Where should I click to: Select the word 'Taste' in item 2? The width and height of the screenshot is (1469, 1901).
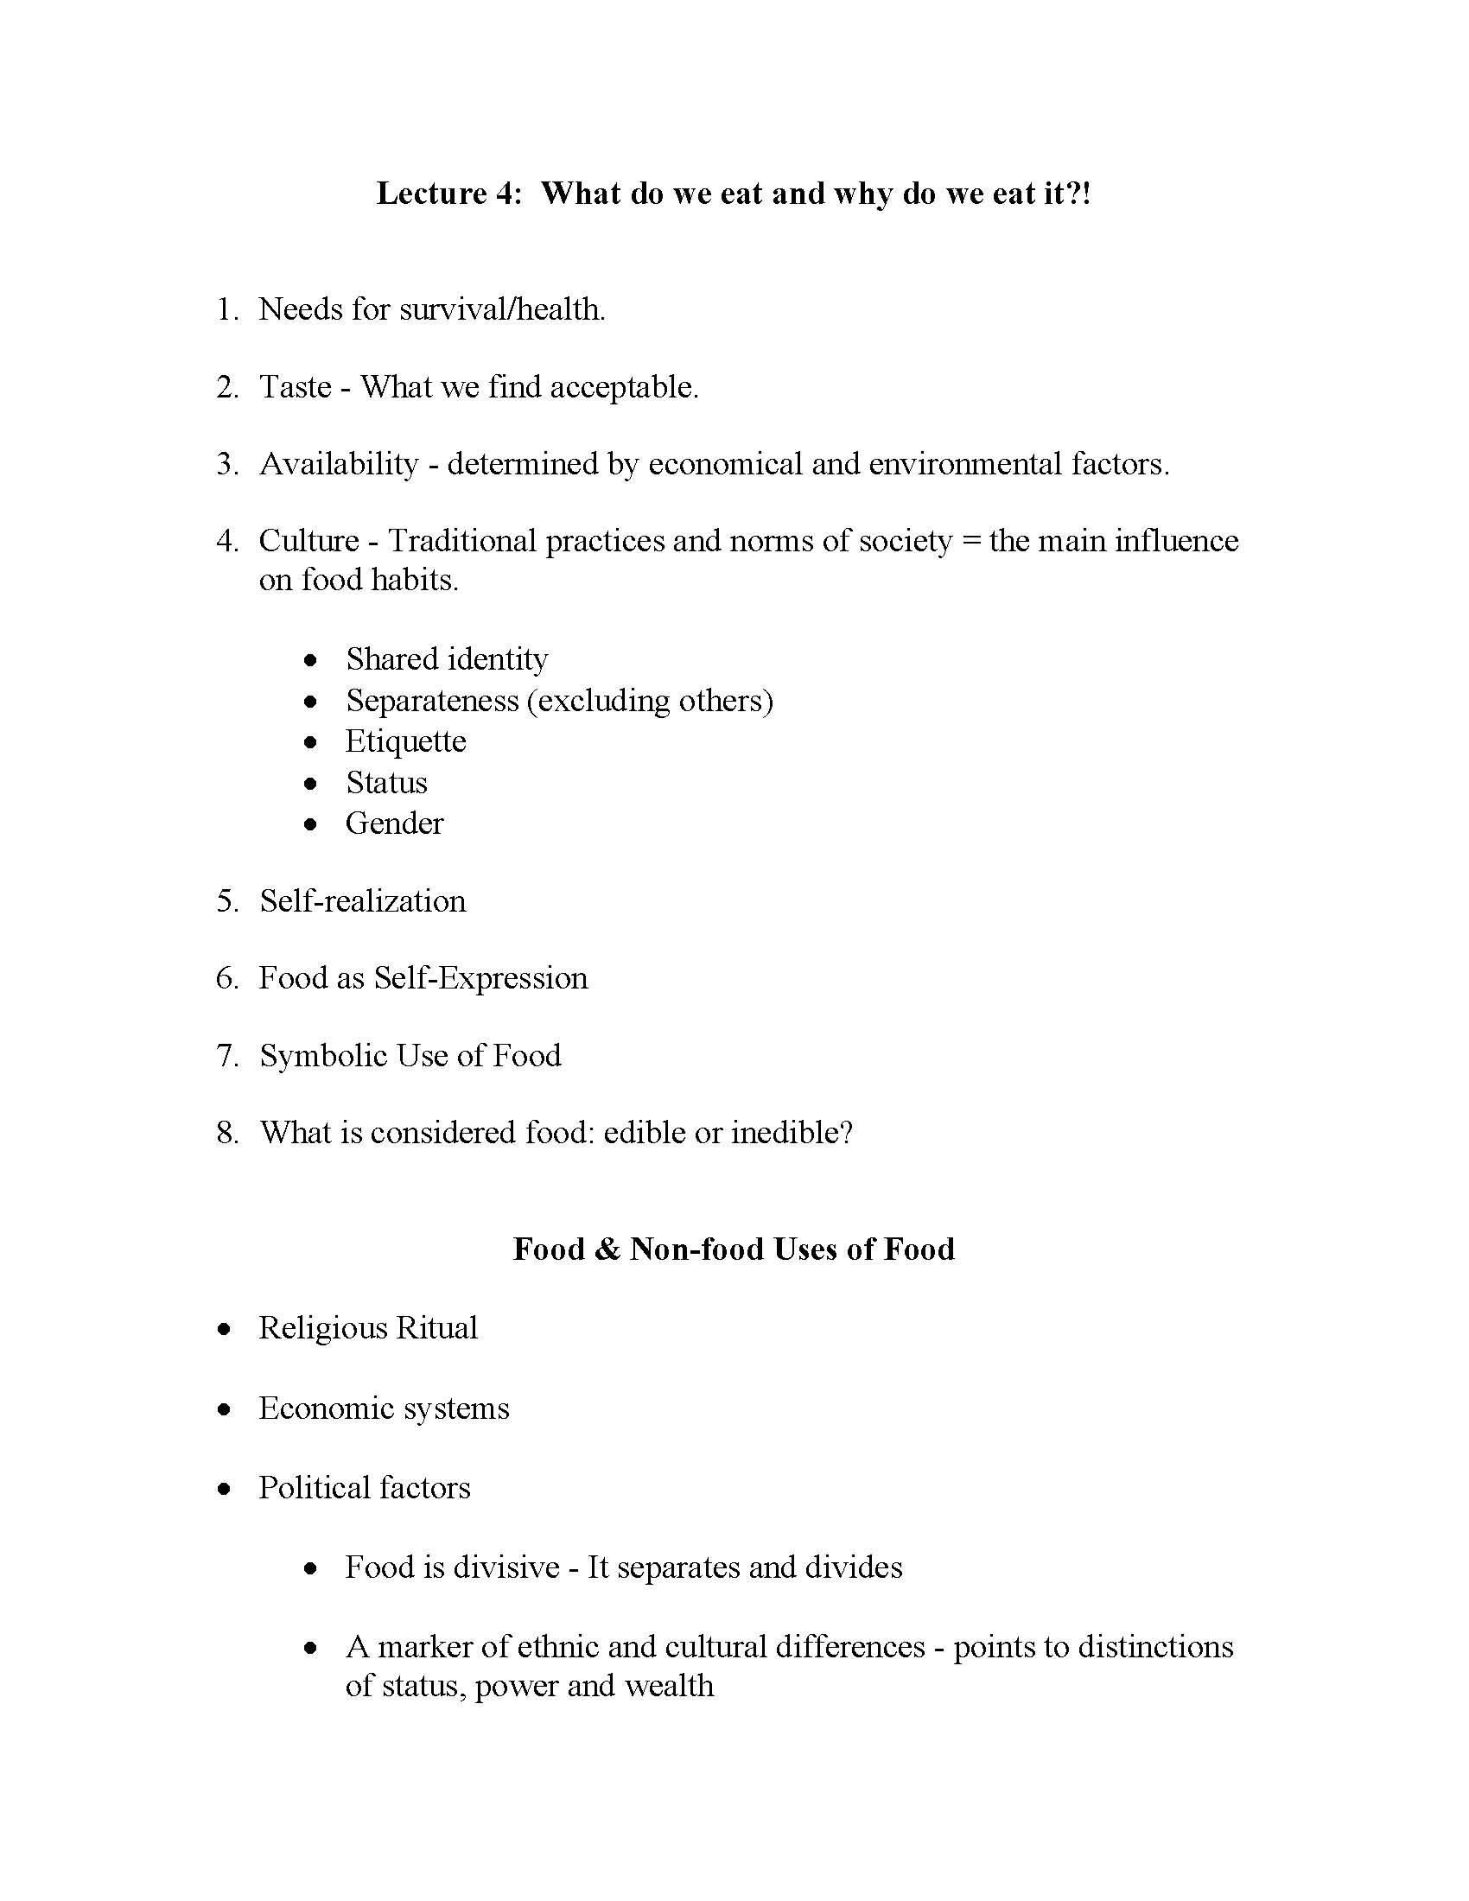click(x=295, y=386)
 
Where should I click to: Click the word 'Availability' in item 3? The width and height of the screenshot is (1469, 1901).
click(x=339, y=464)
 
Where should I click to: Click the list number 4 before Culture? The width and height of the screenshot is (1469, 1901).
click(x=226, y=542)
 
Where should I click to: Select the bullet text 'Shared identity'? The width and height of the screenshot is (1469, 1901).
click(x=447, y=659)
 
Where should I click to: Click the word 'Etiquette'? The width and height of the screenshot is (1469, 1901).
click(x=405, y=741)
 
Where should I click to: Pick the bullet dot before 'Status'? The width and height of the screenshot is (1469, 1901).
click(x=311, y=784)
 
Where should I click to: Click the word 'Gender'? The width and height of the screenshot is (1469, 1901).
click(x=394, y=823)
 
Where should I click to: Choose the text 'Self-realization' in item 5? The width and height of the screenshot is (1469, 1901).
click(x=362, y=901)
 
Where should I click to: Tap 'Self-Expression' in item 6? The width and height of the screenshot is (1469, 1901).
click(x=480, y=978)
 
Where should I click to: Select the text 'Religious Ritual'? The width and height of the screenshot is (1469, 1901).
click(x=368, y=1328)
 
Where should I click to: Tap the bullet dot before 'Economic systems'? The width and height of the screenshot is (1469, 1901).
click(x=226, y=1408)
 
